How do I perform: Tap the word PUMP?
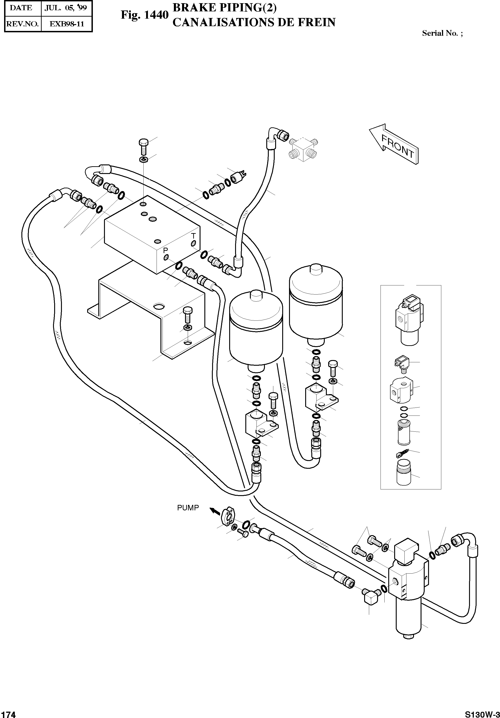(x=188, y=508)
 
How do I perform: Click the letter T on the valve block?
(x=193, y=236)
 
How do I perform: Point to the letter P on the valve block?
(x=165, y=250)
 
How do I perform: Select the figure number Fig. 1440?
(x=145, y=15)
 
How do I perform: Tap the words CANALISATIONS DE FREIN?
(x=254, y=23)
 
